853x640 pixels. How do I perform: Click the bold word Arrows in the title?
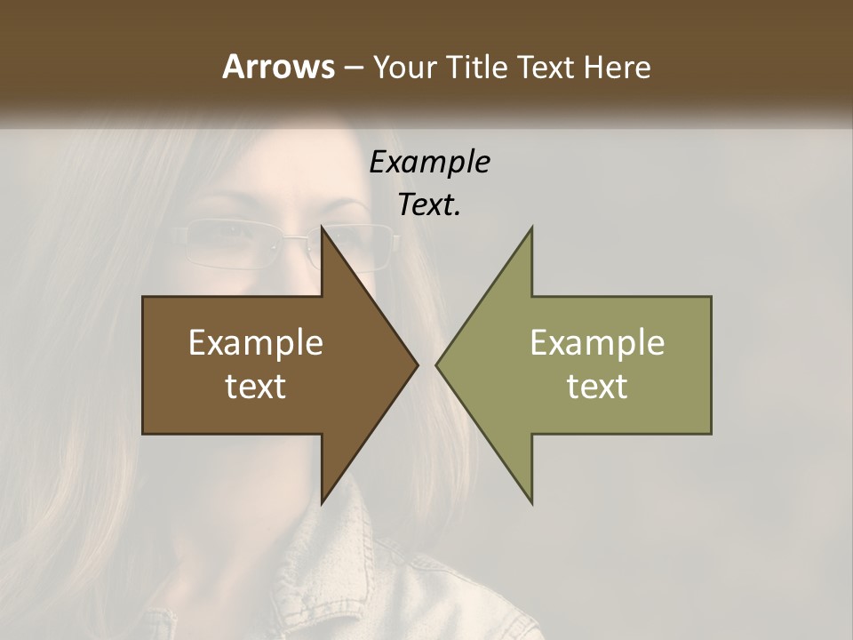pos(278,67)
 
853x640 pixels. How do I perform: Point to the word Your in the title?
pos(405,67)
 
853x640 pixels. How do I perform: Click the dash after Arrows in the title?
pos(353,68)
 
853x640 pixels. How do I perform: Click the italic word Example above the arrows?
pos(430,163)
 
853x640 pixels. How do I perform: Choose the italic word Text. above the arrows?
pos(430,205)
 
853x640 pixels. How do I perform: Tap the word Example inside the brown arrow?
pos(256,343)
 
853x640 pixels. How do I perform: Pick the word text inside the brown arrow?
pos(256,387)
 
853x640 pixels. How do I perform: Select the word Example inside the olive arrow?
pos(597,343)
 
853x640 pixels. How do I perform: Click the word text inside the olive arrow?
pos(597,387)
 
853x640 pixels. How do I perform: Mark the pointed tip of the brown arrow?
pos(418,364)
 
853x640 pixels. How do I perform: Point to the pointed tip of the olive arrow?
pos(436,364)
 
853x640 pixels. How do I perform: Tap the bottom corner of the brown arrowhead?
pos(322,502)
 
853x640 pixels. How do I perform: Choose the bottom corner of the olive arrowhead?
pos(532,502)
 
